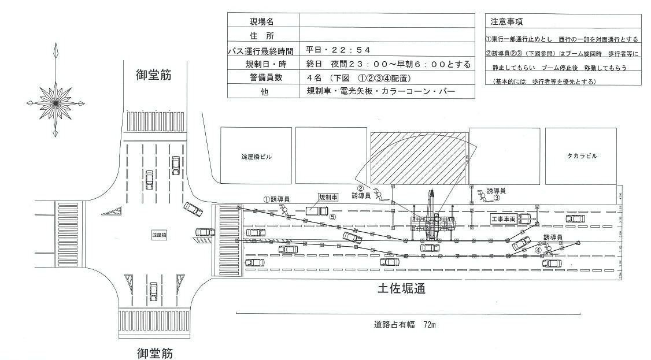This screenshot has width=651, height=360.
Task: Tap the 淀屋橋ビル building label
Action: click(256, 157)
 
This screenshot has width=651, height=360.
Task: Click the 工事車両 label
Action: click(502, 220)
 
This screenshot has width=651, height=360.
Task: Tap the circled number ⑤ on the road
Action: click(332, 217)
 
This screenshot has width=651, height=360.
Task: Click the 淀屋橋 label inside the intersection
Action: click(158, 236)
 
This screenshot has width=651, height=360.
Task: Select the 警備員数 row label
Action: click(262, 77)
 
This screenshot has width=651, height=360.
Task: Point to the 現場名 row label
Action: click(262, 21)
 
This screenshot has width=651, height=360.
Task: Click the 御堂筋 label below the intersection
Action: click(154, 352)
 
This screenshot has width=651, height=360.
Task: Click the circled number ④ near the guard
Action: click(538, 250)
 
